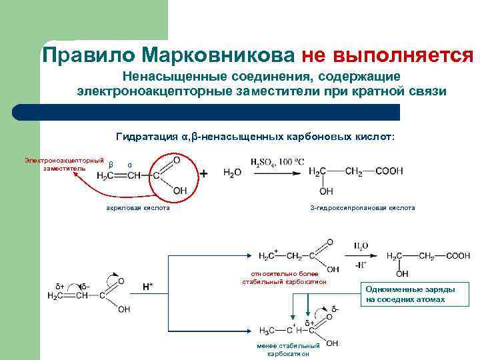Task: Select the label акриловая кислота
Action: coord(138,208)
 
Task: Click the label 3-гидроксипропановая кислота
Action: coord(363,208)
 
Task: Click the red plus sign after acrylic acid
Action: coord(203,173)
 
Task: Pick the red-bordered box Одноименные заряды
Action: coord(410,294)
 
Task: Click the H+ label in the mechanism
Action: coord(147,287)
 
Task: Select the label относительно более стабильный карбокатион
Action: coord(284,277)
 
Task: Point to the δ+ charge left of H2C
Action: coord(59,287)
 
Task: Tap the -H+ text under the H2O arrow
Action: coord(361,264)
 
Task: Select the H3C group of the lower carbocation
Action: coord(268,330)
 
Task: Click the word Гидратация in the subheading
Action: coord(145,137)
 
